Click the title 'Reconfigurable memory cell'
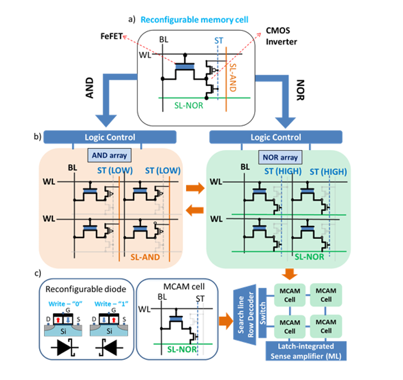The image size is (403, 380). (194, 19)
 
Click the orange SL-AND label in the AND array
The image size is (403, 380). (147, 258)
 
